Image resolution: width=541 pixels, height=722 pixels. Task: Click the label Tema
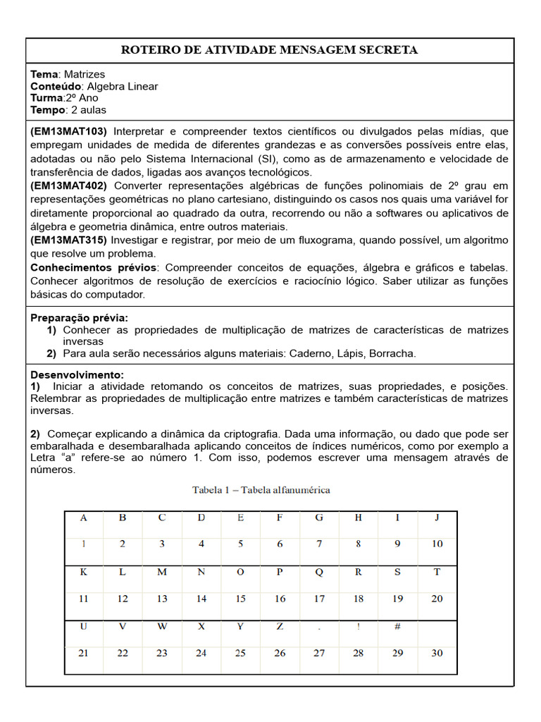click(x=45, y=74)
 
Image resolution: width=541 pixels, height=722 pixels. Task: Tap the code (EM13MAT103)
click(x=68, y=131)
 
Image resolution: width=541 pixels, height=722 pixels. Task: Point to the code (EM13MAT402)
click(x=68, y=185)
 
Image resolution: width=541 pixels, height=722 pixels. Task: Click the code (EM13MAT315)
click(x=68, y=240)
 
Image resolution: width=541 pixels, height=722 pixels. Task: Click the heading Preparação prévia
click(x=79, y=318)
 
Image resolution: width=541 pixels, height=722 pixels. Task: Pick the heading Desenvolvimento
click(x=77, y=374)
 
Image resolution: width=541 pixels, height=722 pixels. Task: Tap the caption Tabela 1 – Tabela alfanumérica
click(x=261, y=489)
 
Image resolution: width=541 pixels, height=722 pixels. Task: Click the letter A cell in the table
click(x=84, y=518)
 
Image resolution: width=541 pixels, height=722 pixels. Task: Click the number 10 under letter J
click(x=437, y=544)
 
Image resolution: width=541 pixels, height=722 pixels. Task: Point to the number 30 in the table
click(x=437, y=653)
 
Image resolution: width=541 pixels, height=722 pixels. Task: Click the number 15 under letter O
click(x=241, y=599)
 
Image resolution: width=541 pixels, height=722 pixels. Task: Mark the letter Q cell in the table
click(x=319, y=572)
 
